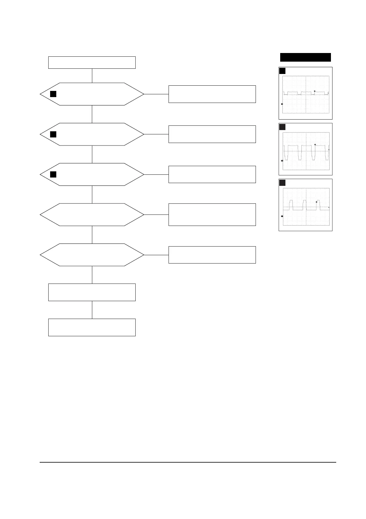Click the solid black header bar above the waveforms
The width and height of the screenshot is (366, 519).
click(305, 57)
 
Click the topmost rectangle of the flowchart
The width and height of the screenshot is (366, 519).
click(92, 62)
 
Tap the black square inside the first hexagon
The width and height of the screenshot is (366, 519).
click(53, 94)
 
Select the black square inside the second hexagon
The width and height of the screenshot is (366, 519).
click(53, 134)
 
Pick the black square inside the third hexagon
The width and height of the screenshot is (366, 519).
click(53, 174)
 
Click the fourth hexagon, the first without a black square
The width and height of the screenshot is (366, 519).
click(92, 215)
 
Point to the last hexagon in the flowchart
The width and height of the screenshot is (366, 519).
click(92, 255)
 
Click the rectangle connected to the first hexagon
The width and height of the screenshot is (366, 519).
click(212, 94)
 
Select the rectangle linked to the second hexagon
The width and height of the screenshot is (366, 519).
click(212, 134)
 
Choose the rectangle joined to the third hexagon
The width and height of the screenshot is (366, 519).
click(212, 174)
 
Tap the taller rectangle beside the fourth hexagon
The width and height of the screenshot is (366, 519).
click(212, 215)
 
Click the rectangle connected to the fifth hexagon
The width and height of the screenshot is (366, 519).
click(212, 255)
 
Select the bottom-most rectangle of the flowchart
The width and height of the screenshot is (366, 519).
click(92, 327)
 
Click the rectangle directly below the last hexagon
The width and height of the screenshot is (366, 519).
click(92, 292)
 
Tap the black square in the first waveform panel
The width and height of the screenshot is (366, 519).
click(282, 71)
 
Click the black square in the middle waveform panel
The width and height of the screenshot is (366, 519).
click(282, 127)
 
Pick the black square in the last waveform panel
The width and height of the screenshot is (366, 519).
click(282, 183)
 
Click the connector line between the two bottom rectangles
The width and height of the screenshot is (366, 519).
click(92, 310)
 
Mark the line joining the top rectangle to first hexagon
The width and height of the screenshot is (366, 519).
click(92, 76)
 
